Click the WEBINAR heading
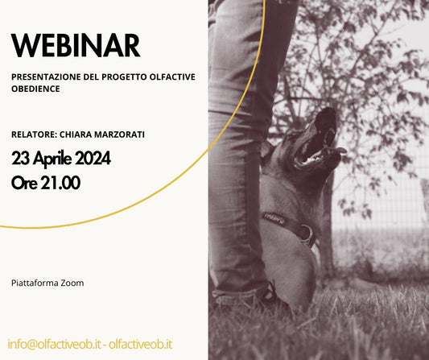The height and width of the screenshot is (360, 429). pyautogui.click(x=76, y=45)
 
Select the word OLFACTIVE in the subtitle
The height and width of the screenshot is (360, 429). pyautogui.click(x=172, y=77)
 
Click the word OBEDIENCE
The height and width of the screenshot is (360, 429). pyautogui.click(x=35, y=89)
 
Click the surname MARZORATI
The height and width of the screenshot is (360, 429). pyautogui.click(x=119, y=134)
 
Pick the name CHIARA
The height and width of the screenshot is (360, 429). pyautogui.click(x=76, y=134)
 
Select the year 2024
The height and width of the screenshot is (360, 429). pyautogui.click(x=93, y=158)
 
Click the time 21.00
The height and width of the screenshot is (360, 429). pyautogui.click(x=60, y=183)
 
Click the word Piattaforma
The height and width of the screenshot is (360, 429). pyautogui.click(x=35, y=283)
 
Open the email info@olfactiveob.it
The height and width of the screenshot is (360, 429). pyautogui.click(x=54, y=345)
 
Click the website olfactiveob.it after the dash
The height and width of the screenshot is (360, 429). pyautogui.click(x=141, y=345)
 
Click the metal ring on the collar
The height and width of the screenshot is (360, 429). pyautogui.click(x=307, y=234)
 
